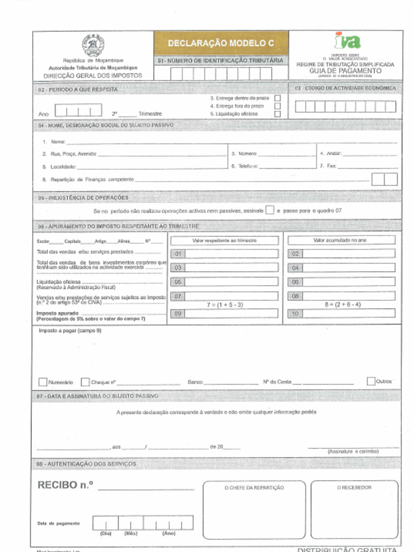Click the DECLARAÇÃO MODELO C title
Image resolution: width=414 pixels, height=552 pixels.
220,43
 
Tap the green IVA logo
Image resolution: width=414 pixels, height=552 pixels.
347,41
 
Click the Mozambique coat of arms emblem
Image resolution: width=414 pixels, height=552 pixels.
93,45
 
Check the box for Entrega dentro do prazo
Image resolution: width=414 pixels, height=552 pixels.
278,98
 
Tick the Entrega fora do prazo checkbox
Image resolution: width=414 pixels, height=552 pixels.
278,106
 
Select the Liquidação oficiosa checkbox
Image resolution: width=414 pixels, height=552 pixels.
278,114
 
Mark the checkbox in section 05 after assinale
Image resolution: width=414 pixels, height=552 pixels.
270,210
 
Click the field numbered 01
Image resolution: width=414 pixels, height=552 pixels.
225,253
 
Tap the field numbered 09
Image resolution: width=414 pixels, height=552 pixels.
225,313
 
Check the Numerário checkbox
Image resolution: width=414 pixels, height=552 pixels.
43,382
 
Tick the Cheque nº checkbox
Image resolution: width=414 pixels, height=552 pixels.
85,382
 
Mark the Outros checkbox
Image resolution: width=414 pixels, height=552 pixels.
371,381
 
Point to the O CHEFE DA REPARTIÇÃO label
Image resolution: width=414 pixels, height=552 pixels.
254,488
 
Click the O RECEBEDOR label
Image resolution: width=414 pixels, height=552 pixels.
354,488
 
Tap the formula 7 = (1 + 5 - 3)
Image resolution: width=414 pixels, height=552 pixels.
225,305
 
